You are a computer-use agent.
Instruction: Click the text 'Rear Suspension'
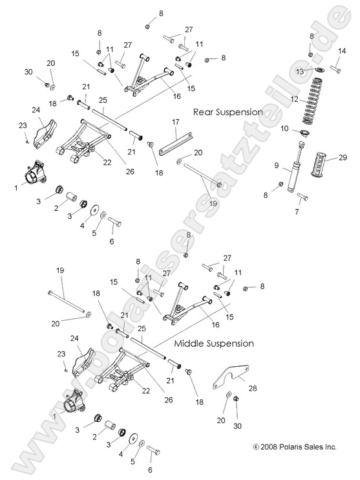coord(228,112)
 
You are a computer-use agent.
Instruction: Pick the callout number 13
coord(299,71)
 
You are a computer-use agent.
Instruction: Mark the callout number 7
coord(297,212)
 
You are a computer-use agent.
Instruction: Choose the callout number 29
coord(343,158)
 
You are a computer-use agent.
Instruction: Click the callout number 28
coord(252,388)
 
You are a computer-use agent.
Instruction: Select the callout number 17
coord(176,122)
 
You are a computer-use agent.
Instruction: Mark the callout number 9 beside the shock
coord(276,166)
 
